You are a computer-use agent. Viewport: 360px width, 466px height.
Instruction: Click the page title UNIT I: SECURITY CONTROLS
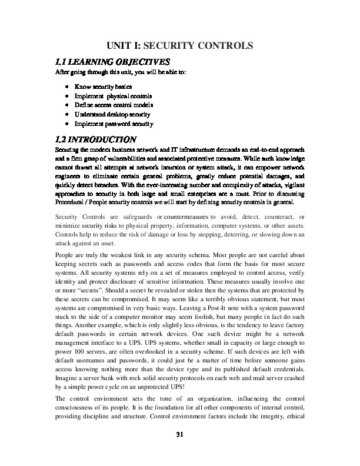[x=179, y=45]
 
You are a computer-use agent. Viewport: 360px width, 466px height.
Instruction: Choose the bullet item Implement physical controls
[x=113, y=96]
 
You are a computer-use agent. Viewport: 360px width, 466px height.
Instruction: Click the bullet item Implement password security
[x=114, y=124]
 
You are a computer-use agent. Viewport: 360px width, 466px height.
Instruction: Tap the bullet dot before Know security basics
[x=68, y=86]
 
